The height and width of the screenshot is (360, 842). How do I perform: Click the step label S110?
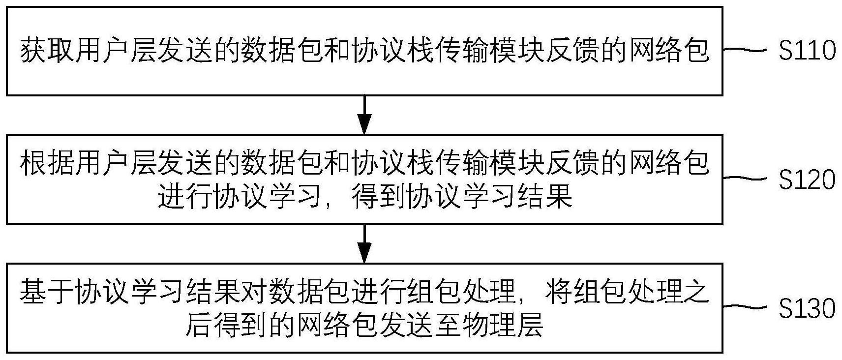[x=807, y=50]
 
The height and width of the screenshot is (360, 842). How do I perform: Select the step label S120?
[x=807, y=180]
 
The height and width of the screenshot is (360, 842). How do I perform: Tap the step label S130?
[x=807, y=309]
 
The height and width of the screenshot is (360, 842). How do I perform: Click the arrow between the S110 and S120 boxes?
[x=364, y=115]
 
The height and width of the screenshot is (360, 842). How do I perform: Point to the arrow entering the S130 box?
[x=364, y=243]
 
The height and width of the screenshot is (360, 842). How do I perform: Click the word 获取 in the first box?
[x=47, y=50]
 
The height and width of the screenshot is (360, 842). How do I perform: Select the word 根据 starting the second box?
[x=47, y=163]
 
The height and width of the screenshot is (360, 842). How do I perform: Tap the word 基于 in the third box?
[x=47, y=292]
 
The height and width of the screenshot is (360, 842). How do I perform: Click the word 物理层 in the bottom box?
[x=503, y=324]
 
